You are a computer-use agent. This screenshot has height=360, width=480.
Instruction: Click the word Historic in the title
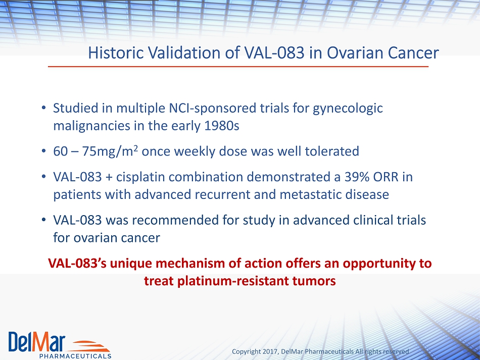coord(116,53)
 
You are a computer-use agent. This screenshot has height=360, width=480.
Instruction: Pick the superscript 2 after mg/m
coord(135,148)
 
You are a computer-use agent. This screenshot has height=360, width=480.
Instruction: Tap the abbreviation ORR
coord(386,177)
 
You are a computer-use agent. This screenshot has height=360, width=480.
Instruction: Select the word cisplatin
coord(142,177)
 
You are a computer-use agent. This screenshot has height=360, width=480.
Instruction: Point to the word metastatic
coord(310,194)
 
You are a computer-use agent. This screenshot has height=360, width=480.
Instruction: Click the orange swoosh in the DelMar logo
coord(89,346)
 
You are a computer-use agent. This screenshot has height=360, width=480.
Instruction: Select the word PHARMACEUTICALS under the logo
coord(75,356)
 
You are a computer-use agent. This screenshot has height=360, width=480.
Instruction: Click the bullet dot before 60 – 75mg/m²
coord(44,151)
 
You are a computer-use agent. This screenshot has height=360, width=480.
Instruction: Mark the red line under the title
coord(238,66)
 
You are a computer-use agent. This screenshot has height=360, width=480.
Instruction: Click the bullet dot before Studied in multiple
coord(44,108)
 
